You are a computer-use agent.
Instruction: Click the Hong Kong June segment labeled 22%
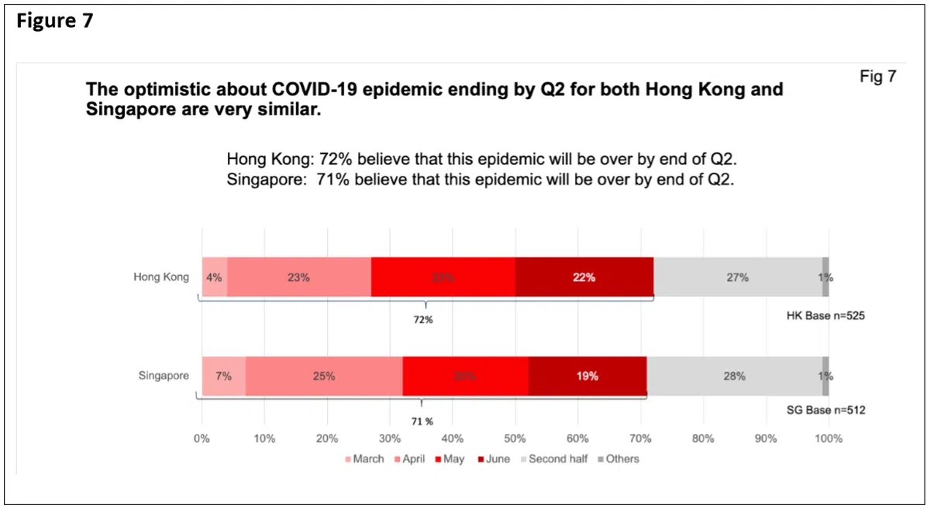(584, 277)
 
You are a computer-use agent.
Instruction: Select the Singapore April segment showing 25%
(324, 377)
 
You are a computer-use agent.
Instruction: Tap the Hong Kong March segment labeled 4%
(214, 277)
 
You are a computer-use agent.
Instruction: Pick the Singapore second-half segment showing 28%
(734, 377)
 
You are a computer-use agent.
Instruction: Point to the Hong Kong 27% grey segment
(737, 277)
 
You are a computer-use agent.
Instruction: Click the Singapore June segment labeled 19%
(587, 377)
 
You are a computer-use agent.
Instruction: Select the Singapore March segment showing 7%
(224, 377)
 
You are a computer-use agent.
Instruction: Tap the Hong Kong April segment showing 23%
(298, 277)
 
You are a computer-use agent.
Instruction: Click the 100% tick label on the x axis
(828, 438)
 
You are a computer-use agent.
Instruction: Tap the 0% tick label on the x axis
(202, 438)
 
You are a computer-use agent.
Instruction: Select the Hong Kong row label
(161, 277)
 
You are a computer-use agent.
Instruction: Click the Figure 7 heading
(54, 21)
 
